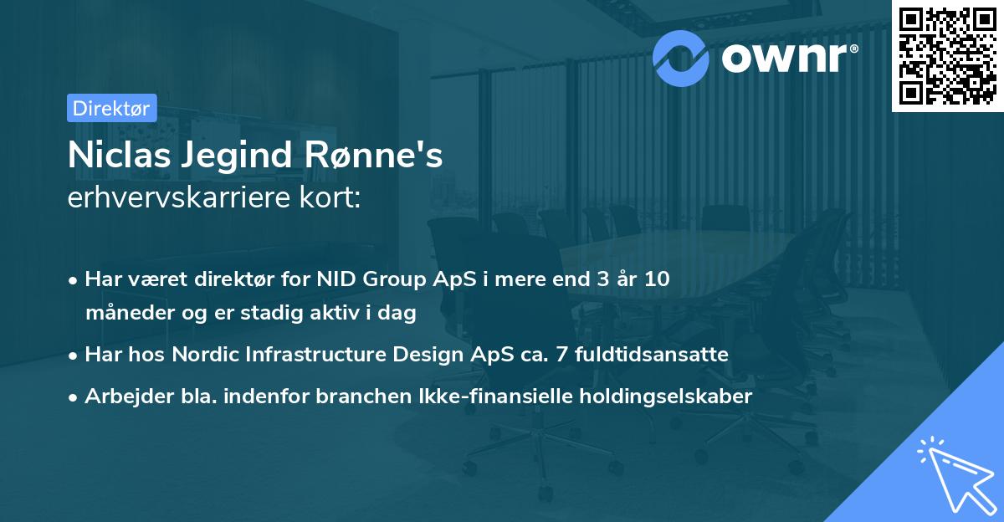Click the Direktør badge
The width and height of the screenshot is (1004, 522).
[x=111, y=108]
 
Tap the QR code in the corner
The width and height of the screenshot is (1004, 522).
[x=947, y=55]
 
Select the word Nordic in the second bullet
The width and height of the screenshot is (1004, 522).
[x=204, y=355]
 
